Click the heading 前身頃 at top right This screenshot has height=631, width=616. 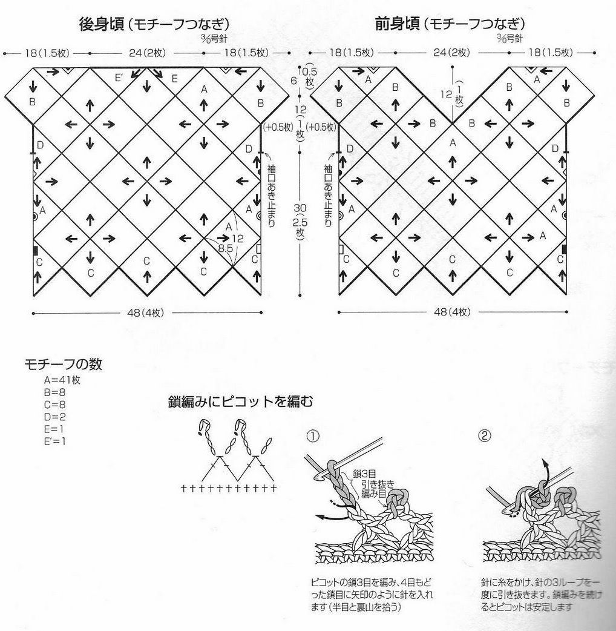coord(397,24)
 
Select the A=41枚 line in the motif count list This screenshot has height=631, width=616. coord(62,380)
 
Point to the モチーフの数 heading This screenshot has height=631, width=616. coord(63,365)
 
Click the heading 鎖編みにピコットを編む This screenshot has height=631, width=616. coord(241,401)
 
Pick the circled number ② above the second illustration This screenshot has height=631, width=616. coord(485,436)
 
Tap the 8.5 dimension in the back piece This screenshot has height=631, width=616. coord(225,248)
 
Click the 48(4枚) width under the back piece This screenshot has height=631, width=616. coord(146,313)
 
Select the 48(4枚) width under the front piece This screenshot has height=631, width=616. coord(451,313)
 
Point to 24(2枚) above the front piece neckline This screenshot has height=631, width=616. coord(451,53)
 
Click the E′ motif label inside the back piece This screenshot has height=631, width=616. coord(119,78)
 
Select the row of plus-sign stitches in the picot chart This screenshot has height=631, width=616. coord(229,487)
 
